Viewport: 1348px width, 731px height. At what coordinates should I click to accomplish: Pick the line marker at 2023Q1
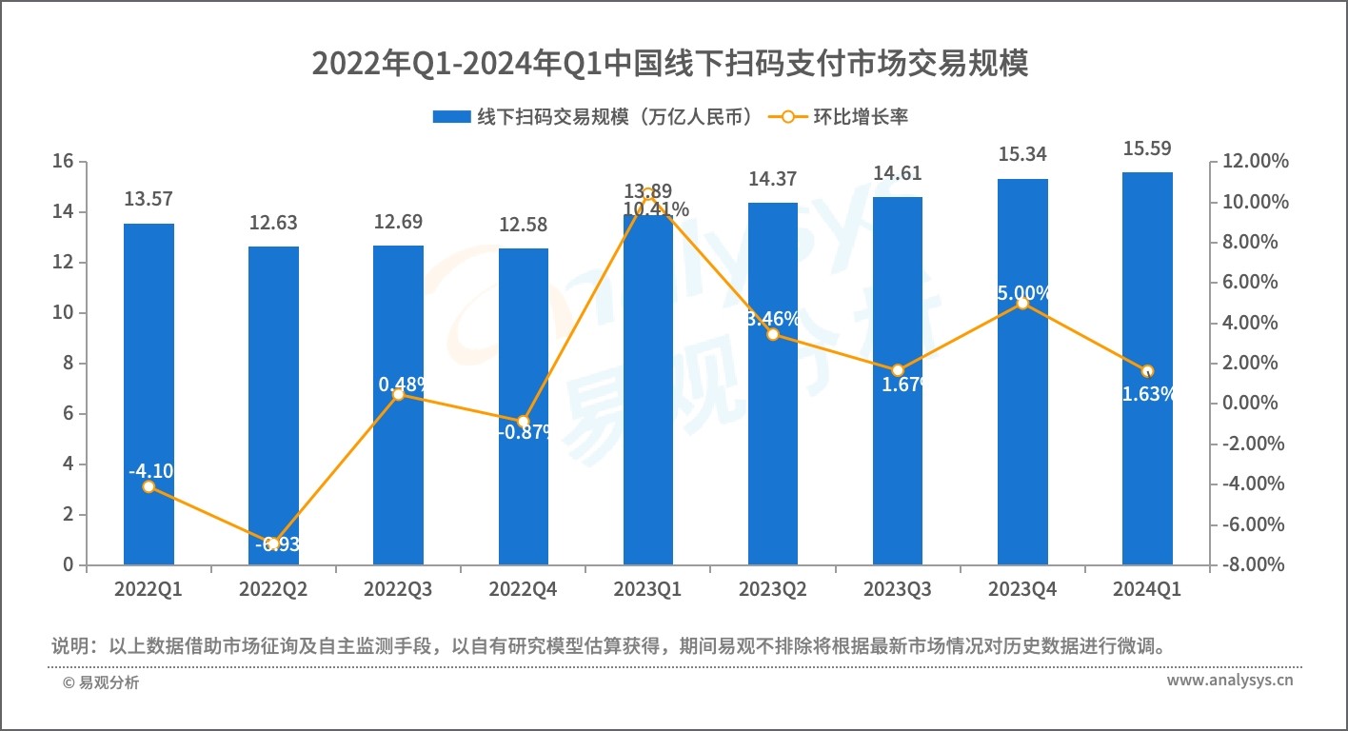point(648,194)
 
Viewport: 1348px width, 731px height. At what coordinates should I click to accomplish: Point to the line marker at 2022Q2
point(273,544)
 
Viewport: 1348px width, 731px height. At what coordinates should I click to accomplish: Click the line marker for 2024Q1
point(1147,371)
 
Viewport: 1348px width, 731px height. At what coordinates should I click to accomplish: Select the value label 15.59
point(1147,148)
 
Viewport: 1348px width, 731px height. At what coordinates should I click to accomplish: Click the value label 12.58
point(523,225)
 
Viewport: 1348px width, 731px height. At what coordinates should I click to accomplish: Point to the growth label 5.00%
point(1023,292)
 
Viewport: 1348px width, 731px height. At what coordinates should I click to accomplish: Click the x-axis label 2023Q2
point(772,590)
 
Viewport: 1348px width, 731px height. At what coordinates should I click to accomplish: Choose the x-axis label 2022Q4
point(523,590)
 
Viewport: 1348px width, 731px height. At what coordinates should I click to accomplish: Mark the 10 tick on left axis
point(64,313)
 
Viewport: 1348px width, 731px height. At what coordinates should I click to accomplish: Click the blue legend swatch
point(451,117)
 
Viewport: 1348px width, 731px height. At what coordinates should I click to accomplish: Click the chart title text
point(671,65)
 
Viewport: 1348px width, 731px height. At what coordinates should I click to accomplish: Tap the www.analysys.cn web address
point(1229,681)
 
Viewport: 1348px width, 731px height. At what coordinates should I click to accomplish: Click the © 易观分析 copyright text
point(101,682)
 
